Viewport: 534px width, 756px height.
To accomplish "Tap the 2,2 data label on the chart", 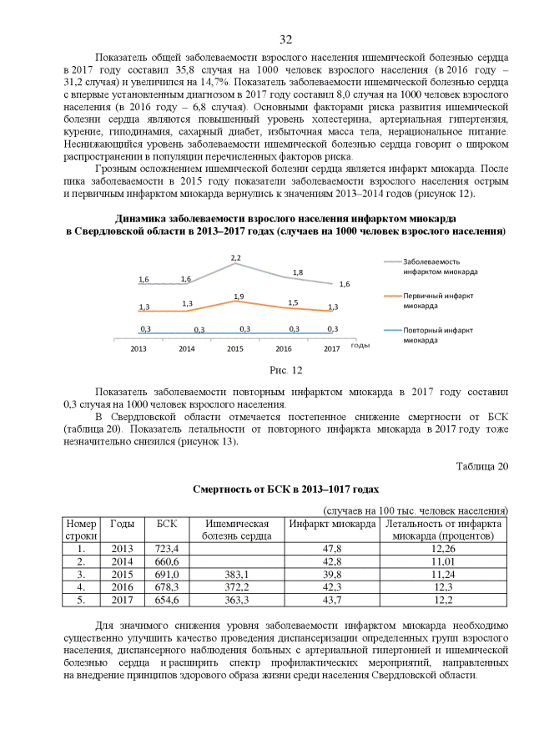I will (236, 257).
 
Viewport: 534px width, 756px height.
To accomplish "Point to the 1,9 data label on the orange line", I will (239, 297).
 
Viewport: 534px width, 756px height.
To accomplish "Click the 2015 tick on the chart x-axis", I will (235, 348).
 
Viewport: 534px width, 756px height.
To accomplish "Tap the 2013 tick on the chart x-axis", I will (139, 348).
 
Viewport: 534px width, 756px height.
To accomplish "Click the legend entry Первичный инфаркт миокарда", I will (435, 301).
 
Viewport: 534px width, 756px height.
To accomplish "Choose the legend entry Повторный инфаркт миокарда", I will (435, 335).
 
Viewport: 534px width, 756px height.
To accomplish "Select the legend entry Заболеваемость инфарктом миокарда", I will (435, 266).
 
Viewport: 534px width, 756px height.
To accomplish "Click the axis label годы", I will (360, 345).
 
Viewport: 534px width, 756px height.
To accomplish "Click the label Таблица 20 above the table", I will (481, 466).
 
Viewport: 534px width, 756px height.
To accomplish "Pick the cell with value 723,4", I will (167, 549).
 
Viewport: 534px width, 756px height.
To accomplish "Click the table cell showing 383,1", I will (237, 575).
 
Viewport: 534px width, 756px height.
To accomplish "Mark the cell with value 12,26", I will (443, 549).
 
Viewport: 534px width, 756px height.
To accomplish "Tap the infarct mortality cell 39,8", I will (332, 575).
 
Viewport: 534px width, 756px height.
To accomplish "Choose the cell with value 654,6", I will (167, 601).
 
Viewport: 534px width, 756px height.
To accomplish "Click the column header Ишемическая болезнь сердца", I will (237, 530).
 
